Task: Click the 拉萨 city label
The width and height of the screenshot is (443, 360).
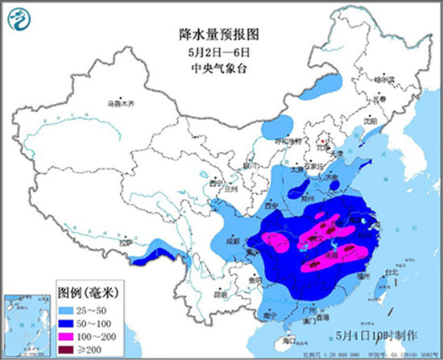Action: [123, 242]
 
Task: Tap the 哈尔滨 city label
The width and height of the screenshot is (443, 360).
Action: [384, 81]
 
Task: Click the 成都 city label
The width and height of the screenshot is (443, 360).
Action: [232, 239]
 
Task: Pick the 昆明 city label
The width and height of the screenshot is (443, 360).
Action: [220, 295]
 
